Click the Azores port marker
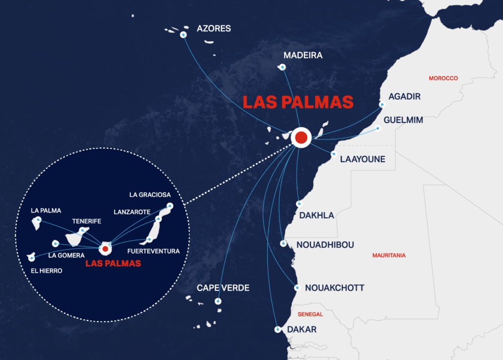click(x=183, y=35)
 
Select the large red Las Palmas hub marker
click(x=301, y=138)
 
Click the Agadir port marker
click(x=383, y=104)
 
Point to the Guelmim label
click(x=403, y=120)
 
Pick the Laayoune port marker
click(x=334, y=154)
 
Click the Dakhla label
click(x=316, y=215)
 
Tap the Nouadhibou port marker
click(x=283, y=244)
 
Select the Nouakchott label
click(x=335, y=288)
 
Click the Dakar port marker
click(x=278, y=330)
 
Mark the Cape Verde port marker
click(x=218, y=301)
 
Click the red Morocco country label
click(x=443, y=78)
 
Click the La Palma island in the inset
click(x=36, y=223)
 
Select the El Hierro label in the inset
click(x=45, y=271)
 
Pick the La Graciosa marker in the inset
click(x=170, y=206)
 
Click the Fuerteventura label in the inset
click(x=153, y=251)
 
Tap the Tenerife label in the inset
click(x=86, y=221)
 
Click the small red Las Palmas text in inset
click(x=113, y=263)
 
